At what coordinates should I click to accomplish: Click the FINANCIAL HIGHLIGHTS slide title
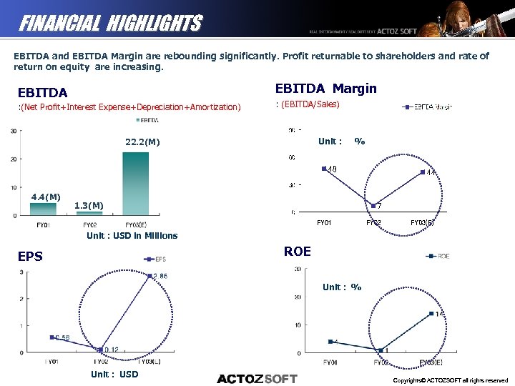[x=110, y=24]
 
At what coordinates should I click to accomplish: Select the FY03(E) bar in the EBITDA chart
[x=136, y=184]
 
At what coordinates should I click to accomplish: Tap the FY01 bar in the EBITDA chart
[x=42, y=209]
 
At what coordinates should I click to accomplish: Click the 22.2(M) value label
[x=142, y=142]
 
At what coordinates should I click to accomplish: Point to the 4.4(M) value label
[x=45, y=197]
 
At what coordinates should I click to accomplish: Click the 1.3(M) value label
[x=89, y=206]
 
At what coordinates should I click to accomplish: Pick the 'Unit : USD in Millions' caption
[x=132, y=235]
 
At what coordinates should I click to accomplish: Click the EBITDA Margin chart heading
[x=325, y=89]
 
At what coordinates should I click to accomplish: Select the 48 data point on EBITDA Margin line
[x=324, y=169]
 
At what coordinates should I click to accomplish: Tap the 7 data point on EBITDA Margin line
[x=373, y=206]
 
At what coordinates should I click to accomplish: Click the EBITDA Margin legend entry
[x=428, y=107]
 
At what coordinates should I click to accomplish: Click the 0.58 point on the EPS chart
[x=51, y=337]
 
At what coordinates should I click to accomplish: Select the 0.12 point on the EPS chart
[x=100, y=350]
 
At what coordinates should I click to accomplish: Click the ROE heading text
[x=297, y=251]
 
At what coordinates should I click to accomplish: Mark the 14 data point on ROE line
[x=431, y=314]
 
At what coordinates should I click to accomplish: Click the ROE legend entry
[x=438, y=256]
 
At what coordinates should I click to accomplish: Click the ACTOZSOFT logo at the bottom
[x=257, y=378]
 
